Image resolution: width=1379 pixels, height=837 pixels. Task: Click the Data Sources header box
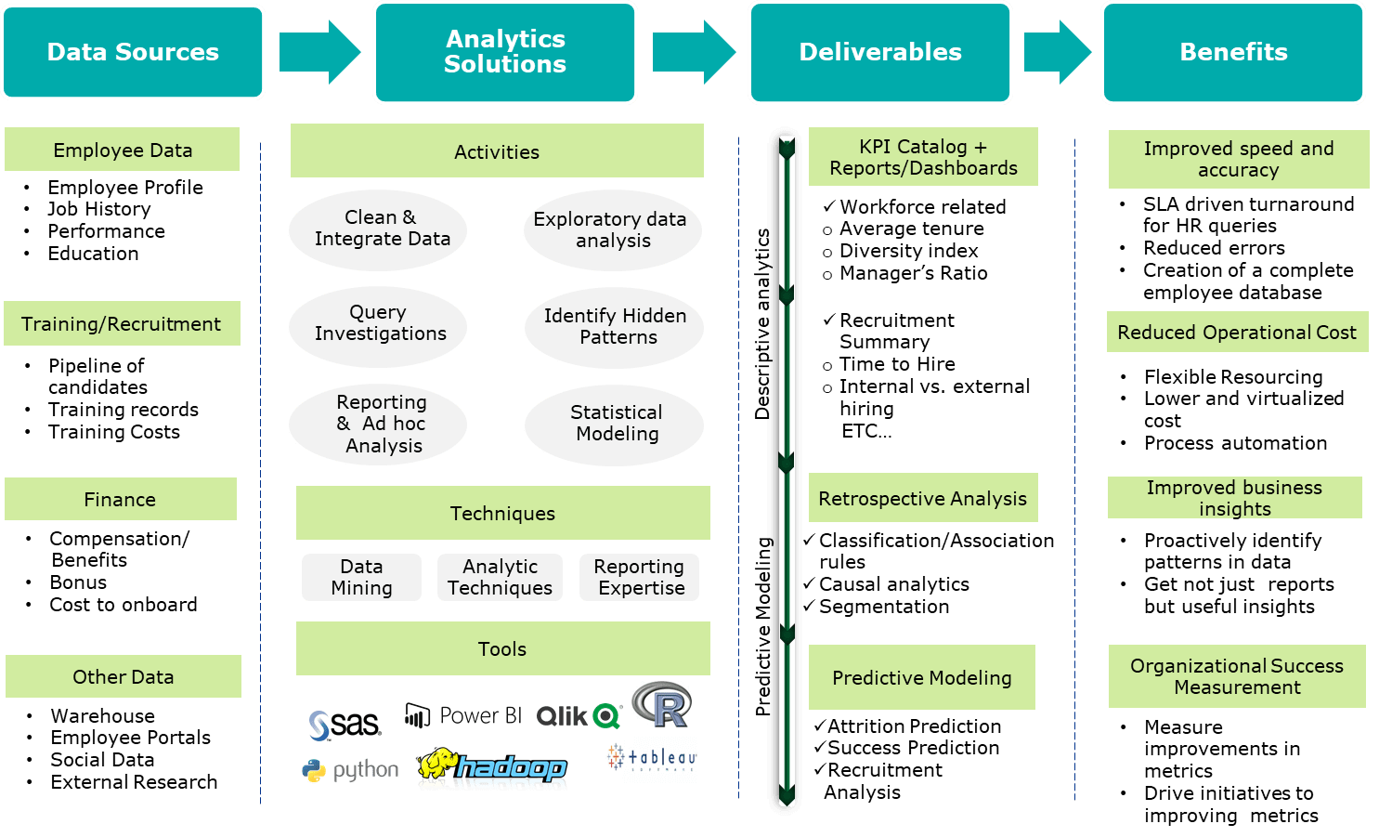133,52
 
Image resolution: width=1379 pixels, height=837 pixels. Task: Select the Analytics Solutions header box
505,52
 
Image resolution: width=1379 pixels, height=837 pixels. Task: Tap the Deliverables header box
880,52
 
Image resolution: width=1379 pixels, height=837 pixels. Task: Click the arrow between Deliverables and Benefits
1057,52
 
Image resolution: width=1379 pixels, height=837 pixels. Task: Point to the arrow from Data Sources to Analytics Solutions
319,52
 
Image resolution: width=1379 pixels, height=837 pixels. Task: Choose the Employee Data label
123,150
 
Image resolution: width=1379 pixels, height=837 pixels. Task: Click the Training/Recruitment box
122,323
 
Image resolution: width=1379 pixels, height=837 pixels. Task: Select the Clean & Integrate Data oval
378,229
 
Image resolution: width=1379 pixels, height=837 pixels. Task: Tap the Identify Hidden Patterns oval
614,327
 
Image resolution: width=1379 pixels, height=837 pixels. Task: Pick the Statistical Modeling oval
614,425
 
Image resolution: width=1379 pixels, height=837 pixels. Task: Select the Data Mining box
361,578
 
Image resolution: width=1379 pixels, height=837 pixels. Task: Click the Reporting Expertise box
639,578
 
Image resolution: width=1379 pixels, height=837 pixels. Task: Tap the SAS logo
345,725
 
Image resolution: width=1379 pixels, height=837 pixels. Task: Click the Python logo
351,770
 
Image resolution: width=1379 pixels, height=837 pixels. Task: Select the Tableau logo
652,757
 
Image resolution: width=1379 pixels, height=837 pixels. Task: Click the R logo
662,705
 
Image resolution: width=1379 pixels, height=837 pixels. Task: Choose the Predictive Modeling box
921,677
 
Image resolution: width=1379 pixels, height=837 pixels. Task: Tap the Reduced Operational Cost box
1237,332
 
